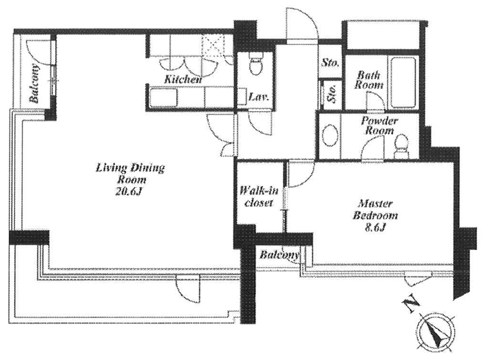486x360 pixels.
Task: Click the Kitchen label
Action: pyautogui.click(x=183, y=79)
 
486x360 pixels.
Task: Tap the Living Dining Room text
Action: pyautogui.click(x=130, y=174)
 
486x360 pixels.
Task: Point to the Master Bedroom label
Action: pyautogui.click(x=375, y=209)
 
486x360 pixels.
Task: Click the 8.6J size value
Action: pyautogui.click(x=375, y=228)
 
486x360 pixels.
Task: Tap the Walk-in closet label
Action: pyautogui.click(x=259, y=196)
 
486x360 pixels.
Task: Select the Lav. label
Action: pyautogui.click(x=258, y=98)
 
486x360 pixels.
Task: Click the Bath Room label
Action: pyautogui.click(x=369, y=80)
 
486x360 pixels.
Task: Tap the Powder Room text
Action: pyautogui.click(x=379, y=125)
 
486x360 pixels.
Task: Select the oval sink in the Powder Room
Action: pyautogui.click(x=330, y=136)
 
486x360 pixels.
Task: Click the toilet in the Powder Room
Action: pyautogui.click(x=401, y=146)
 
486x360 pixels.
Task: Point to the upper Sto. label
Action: pyautogui.click(x=330, y=62)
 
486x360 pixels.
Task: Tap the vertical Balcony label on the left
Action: pyautogui.click(x=35, y=83)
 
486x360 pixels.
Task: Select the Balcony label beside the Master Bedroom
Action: pyautogui.click(x=279, y=255)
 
